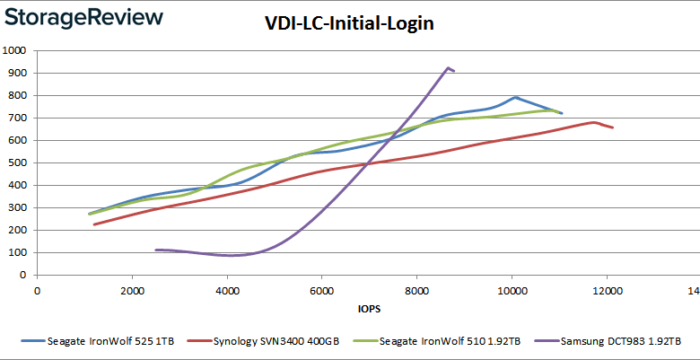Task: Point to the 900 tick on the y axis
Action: pos(15,73)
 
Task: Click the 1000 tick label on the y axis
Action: pos(13,50)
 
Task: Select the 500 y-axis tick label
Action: pos(15,162)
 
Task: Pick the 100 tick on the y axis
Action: pos(15,252)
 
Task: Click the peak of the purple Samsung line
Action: pos(448,67)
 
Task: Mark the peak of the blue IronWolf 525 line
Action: pos(515,97)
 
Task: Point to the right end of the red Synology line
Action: pos(613,127)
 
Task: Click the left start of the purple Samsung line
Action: pos(156,250)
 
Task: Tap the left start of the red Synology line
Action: pos(94,224)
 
